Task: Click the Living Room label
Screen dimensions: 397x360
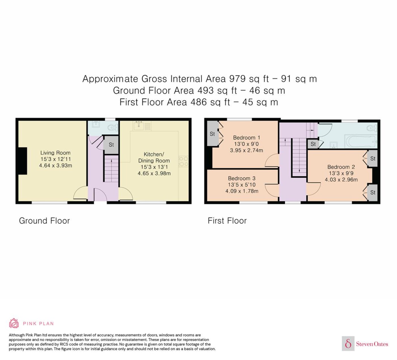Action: click(x=55, y=153)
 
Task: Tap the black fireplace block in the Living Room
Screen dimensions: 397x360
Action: click(x=23, y=161)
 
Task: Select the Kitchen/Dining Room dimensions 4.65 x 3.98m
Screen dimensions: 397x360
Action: click(x=154, y=173)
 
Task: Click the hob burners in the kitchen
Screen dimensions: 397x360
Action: click(x=183, y=161)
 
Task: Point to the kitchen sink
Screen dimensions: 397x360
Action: click(x=138, y=126)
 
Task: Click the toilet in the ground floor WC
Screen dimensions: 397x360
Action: click(x=113, y=127)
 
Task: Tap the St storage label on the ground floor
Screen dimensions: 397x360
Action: click(x=111, y=145)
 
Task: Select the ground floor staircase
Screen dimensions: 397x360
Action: click(x=111, y=169)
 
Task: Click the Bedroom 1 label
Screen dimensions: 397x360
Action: click(x=246, y=137)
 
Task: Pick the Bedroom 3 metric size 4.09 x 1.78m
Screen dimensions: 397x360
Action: click(x=242, y=191)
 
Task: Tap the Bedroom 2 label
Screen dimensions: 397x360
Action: click(x=341, y=167)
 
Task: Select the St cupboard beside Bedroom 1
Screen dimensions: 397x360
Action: click(x=213, y=134)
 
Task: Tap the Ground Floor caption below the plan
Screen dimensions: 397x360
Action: click(x=44, y=221)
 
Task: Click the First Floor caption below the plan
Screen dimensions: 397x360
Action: click(x=227, y=221)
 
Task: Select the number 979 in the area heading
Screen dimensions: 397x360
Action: click(x=237, y=79)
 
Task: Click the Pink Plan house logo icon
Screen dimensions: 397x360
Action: click(x=14, y=323)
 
